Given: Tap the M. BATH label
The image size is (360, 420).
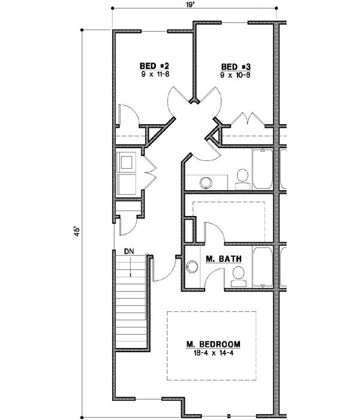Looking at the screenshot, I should point(223,259).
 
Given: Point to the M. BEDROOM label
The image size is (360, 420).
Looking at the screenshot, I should point(213,344).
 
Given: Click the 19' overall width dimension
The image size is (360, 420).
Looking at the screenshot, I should point(194,5).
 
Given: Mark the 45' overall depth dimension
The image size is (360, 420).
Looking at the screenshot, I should point(76,232).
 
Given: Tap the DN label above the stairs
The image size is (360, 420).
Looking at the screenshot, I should point(130,251).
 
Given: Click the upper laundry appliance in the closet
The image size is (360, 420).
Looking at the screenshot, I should point(127,162).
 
